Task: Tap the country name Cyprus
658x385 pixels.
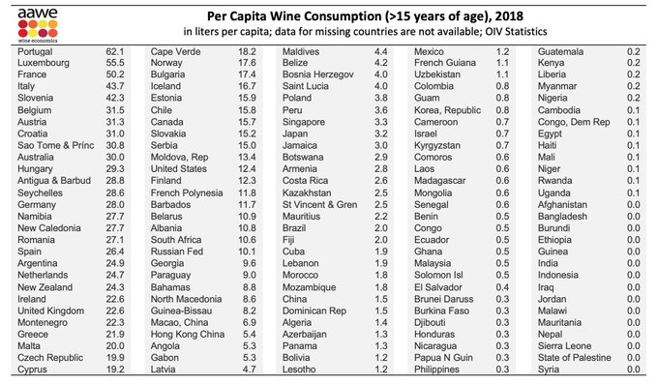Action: coord(34,369)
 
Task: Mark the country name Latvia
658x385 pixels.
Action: coord(168,369)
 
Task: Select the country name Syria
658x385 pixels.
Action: coord(551,369)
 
